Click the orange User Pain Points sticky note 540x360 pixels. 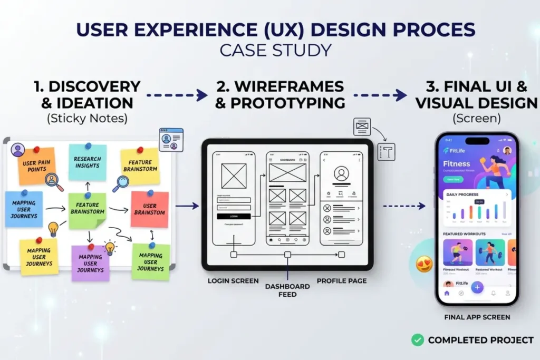37,164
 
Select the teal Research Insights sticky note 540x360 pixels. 88,162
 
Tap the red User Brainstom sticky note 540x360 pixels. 150,209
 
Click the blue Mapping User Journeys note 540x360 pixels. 24,209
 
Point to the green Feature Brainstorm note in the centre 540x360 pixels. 88,210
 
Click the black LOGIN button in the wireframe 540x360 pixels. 233,216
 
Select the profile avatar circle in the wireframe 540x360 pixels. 342,173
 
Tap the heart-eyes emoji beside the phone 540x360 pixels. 425,264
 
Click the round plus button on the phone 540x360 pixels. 477,287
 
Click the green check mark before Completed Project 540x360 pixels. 418,340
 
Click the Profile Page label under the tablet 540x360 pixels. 342,281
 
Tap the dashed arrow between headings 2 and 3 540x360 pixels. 380,95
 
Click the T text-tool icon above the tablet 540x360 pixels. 386,152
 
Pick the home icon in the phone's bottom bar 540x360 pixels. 447,293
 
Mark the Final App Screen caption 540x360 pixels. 477,317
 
